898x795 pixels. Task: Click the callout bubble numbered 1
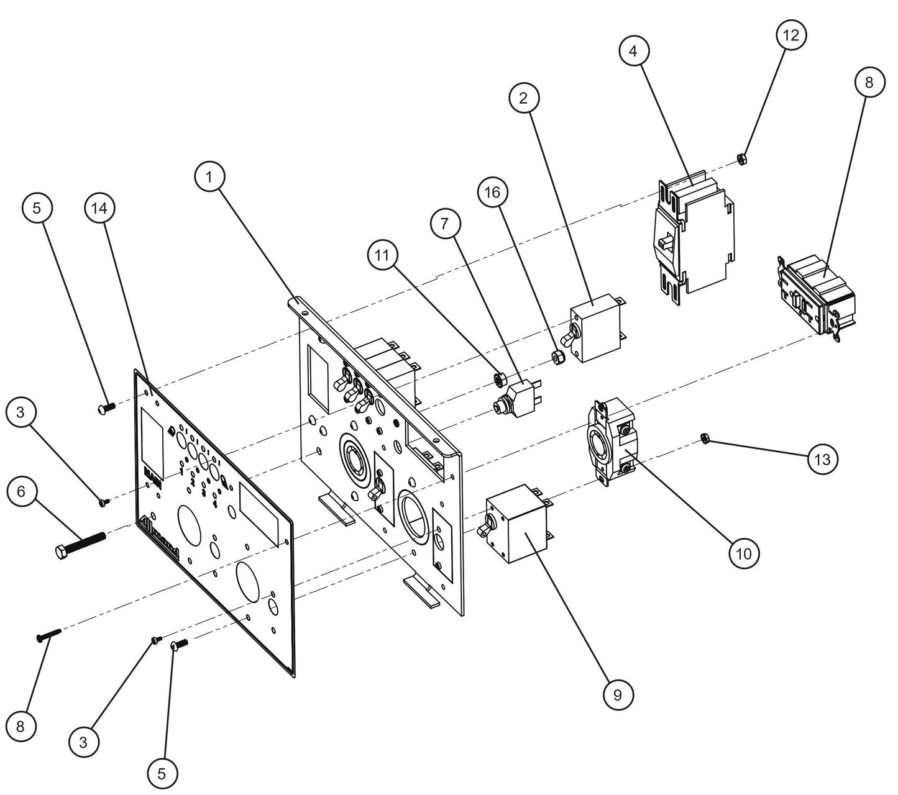click(x=210, y=177)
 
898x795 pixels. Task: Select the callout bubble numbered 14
click(x=100, y=209)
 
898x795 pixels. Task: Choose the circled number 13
click(x=822, y=460)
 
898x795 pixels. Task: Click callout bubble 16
click(x=492, y=193)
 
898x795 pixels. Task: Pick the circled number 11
click(x=383, y=254)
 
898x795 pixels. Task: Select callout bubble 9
click(x=617, y=695)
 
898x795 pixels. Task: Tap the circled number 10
click(x=744, y=552)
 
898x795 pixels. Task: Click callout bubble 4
click(x=633, y=52)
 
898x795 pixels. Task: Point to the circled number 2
click(x=524, y=98)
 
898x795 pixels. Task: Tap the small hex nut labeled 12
click(x=741, y=158)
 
